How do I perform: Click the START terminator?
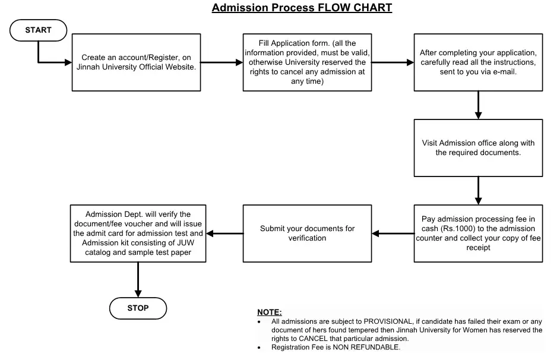[38, 30]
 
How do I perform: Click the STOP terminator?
[138, 308]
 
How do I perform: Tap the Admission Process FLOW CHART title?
[302, 8]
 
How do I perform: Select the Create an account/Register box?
[136, 62]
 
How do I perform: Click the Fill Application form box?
[307, 62]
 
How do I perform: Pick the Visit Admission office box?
[478, 148]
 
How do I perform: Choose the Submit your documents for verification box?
[307, 233]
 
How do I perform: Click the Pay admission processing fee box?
[478, 233]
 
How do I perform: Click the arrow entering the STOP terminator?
[138, 280]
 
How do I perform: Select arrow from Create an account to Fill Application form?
[222, 62]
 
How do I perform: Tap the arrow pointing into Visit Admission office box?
[478, 105]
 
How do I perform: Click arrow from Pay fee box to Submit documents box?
[393, 233]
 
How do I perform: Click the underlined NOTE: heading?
[269, 312]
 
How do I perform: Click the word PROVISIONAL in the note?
[388, 321]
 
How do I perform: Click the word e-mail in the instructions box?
[504, 72]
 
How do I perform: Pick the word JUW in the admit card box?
[185, 243]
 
